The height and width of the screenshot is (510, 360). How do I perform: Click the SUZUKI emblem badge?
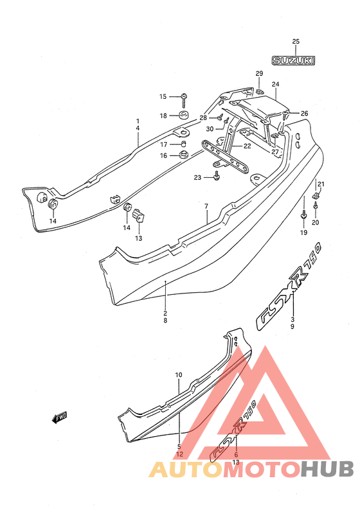294,60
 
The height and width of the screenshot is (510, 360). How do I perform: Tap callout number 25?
296,42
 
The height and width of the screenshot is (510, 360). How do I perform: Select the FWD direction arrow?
60,418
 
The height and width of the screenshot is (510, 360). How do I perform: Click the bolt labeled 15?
184,100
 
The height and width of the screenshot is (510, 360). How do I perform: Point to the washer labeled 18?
184,115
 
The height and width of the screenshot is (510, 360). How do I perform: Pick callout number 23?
197,177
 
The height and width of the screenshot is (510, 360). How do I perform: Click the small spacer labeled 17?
184,144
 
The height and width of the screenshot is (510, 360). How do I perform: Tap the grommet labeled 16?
184,155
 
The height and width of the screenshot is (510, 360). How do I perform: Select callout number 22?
247,146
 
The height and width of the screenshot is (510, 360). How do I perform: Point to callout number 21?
321,184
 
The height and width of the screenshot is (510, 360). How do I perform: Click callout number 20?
316,222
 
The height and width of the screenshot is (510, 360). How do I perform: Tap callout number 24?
275,84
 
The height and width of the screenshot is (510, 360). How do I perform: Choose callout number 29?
259,73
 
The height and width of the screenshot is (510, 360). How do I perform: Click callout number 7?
206,206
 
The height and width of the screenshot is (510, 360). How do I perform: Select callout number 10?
179,375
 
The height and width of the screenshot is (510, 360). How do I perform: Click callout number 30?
210,129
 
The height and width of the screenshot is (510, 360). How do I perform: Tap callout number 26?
304,114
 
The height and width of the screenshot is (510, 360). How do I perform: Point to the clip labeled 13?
138,215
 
